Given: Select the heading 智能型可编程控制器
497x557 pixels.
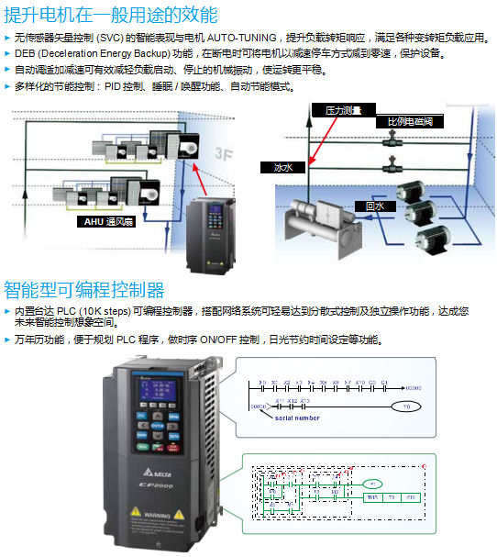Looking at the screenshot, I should click(x=83, y=291).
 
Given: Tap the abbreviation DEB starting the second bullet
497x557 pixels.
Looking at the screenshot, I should click(x=27, y=53).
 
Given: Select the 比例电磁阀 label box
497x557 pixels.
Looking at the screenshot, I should click(x=409, y=120).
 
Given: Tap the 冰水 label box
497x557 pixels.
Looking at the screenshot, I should click(x=282, y=167).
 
